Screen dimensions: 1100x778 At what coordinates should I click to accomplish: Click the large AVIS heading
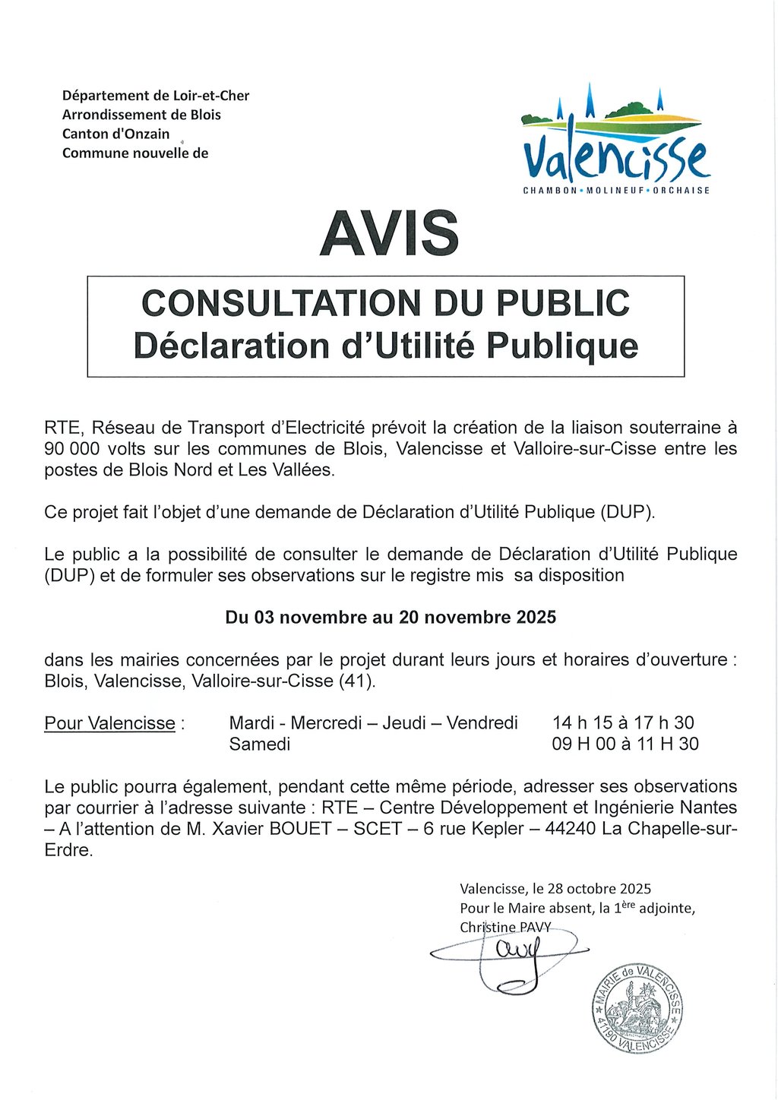pyautogui.click(x=389, y=232)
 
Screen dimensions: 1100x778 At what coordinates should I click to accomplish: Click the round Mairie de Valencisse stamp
pyautogui.click(x=638, y=1008)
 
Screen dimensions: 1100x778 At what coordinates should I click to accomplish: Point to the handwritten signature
pyautogui.click(x=509, y=957)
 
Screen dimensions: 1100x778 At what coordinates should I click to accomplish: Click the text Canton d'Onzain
pyautogui.click(x=115, y=134)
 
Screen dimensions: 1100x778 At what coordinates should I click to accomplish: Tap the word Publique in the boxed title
pyautogui.click(x=561, y=346)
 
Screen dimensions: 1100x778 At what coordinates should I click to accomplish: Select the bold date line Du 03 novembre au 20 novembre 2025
pyautogui.click(x=391, y=618)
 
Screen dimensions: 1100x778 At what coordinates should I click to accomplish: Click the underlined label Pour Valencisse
pyautogui.click(x=110, y=723)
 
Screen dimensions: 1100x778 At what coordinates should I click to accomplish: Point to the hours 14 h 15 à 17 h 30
pyautogui.click(x=623, y=722)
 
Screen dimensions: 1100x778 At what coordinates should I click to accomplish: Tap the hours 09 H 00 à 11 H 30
pyautogui.click(x=625, y=744)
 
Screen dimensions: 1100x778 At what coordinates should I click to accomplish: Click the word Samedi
pyautogui.click(x=260, y=744)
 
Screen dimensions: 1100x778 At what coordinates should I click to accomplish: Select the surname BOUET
pyautogui.click(x=301, y=829)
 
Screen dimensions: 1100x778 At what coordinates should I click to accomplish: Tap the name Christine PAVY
pyautogui.click(x=505, y=927)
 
